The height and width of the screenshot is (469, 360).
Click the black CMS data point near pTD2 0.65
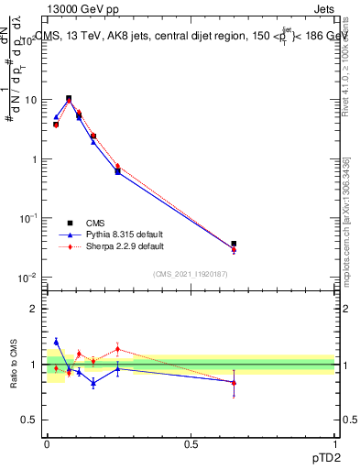tap(234, 244)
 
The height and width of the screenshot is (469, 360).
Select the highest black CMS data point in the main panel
tap(69, 98)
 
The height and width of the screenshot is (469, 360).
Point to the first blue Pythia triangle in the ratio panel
tap(56, 342)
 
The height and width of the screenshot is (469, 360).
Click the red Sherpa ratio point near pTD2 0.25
tap(117, 348)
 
